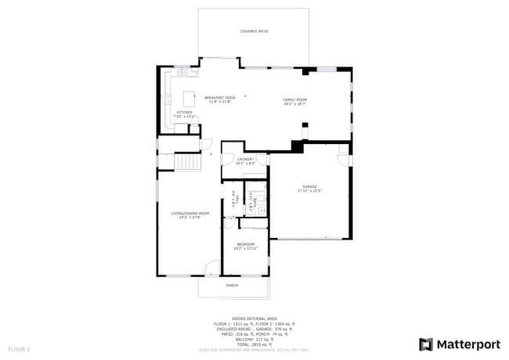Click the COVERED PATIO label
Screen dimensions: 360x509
tap(253, 31)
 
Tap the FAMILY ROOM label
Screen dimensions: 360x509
tap(294, 99)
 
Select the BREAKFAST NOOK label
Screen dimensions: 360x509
tap(219, 98)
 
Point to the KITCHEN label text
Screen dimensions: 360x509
tap(184, 113)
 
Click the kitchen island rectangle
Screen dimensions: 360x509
tap(190, 98)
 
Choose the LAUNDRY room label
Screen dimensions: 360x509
tap(246, 159)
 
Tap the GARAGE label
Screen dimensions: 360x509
tap(309, 186)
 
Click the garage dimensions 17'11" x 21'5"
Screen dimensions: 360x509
tap(309, 191)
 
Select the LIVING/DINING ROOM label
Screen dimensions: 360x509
tap(190, 213)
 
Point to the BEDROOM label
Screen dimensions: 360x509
tap(246, 244)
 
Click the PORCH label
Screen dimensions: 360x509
tap(232, 286)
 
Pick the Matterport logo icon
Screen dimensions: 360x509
tap(425, 344)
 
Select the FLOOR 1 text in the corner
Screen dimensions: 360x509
tap(19, 348)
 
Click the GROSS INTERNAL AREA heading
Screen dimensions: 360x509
tap(254, 319)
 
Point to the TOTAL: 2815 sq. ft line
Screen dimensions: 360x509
tap(254, 344)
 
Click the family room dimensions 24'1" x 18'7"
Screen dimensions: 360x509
tap(294, 104)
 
